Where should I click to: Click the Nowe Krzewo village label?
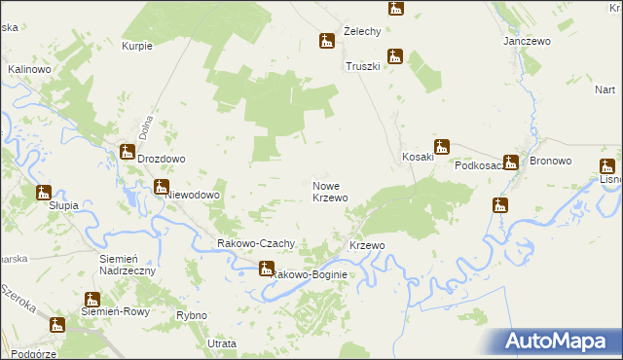[x=330, y=191]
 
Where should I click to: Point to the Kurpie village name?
[x=137, y=46]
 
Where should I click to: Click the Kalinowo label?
[x=28, y=70]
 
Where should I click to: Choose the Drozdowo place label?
[x=162, y=159]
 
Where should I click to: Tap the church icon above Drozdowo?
[x=128, y=151]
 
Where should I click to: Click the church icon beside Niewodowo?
[x=162, y=187]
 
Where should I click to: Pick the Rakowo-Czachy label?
[x=255, y=243]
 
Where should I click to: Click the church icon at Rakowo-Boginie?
[x=267, y=268]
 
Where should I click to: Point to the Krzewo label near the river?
[x=368, y=245]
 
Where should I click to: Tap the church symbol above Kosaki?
[x=442, y=147]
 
